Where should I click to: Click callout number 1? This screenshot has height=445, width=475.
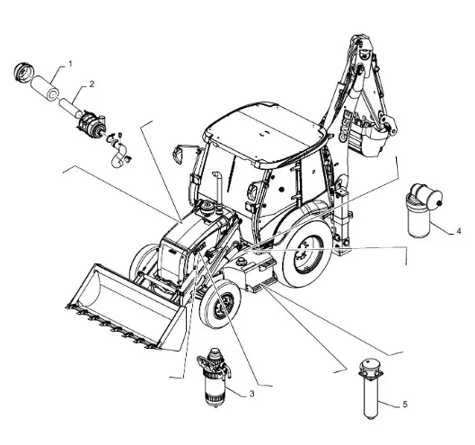pos(70,64)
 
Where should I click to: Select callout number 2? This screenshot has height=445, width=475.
pos(92,84)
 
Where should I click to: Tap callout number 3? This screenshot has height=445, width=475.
pos(251,394)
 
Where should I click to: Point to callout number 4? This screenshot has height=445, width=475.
pos(459,231)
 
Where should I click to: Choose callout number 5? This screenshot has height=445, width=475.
pos(405,405)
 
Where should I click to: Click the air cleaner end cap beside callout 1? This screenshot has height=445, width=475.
pos(23,72)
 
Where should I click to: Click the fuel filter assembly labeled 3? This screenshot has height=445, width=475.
pos(214,377)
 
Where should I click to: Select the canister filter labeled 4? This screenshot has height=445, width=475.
pos(422,209)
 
